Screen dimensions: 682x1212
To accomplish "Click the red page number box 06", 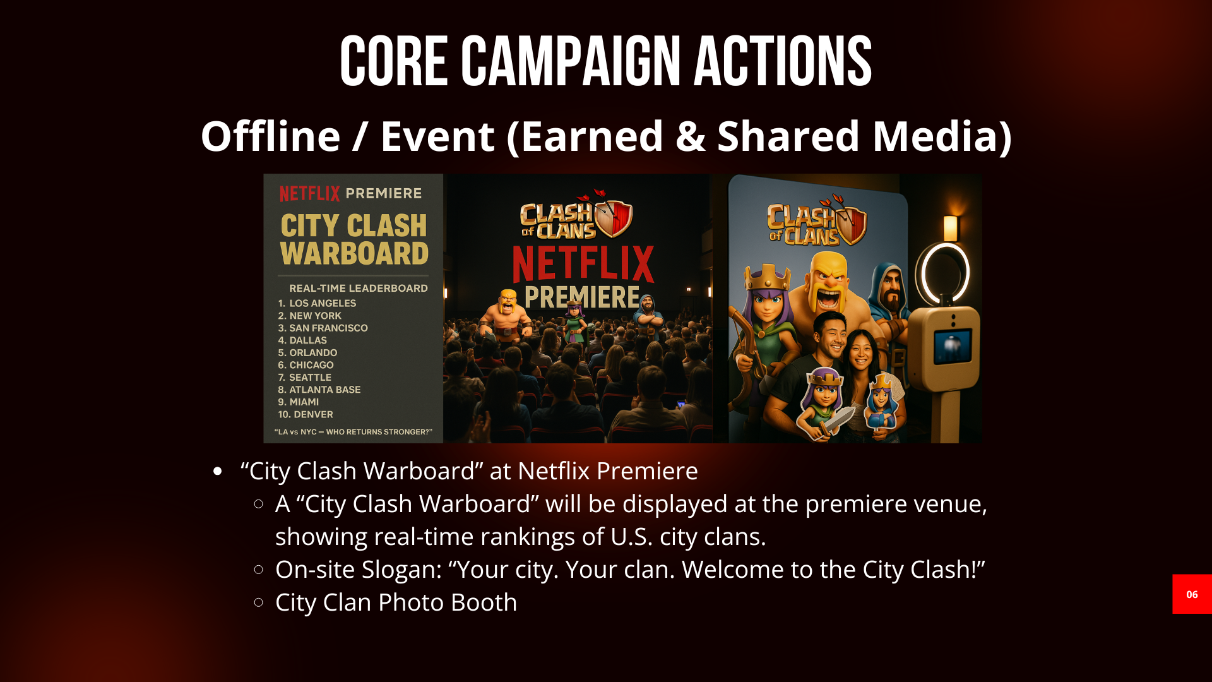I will pos(1191,594).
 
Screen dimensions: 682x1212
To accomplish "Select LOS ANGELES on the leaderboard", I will pos(322,303).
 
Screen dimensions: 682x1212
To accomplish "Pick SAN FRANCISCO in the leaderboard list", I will pos(328,328).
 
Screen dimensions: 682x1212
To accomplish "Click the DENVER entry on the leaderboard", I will pos(311,414).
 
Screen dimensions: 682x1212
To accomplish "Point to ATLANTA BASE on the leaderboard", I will pos(324,390).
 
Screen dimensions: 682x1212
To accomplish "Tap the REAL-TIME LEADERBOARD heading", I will pos(358,288).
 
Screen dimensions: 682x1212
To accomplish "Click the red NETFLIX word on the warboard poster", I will pos(309,193).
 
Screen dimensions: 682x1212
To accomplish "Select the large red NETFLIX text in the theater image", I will pos(583,265).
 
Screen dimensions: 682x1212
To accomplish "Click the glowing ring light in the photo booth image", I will pos(945,273).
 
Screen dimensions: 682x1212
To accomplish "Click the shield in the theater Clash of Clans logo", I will pos(614,218).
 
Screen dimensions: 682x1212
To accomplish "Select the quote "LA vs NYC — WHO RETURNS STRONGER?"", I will pos(353,432).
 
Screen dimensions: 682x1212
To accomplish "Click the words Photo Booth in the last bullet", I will pos(448,602).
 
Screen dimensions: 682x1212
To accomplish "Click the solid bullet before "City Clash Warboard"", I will pos(218,471).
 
